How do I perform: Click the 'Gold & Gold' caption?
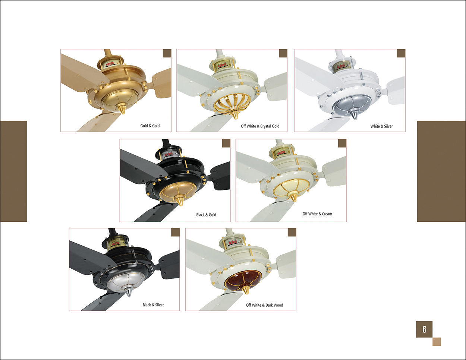pyautogui.click(x=150, y=126)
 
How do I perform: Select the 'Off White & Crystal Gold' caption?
pyautogui.click(x=260, y=126)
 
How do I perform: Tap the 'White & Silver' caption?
pyautogui.click(x=381, y=126)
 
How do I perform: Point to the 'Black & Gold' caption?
pyautogui.click(x=206, y=215)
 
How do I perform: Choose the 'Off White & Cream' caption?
pyautogui.click(x=317, y=214)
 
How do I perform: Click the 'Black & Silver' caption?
pyautogui.click(x=153, y=305)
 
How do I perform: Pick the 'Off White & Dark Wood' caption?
pyautogui.click(x=264, y=305)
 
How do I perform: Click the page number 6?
pyautogui.click(x=424, y=329)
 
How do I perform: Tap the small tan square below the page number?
pyautogui.click(x=437, y=342)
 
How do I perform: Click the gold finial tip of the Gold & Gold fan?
pyautogui.click(x=122, y=110)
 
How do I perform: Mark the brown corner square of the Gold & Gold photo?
pyautogui.click(x=167, y=53)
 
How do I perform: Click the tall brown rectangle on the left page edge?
pyautogui.click(x=13, y=171)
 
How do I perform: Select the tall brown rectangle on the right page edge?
pyautogui.click(x=441, y=171)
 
